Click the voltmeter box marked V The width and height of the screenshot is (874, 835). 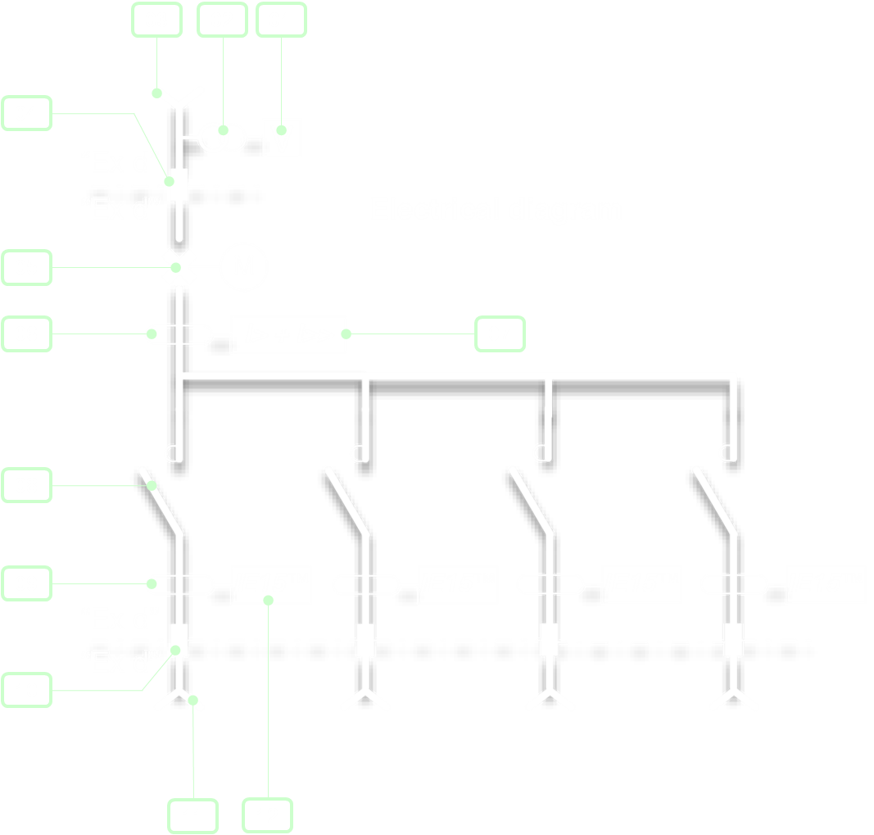point(282,138)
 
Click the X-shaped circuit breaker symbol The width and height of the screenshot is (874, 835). point(179,267)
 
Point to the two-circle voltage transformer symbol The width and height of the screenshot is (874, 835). point(221,137)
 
